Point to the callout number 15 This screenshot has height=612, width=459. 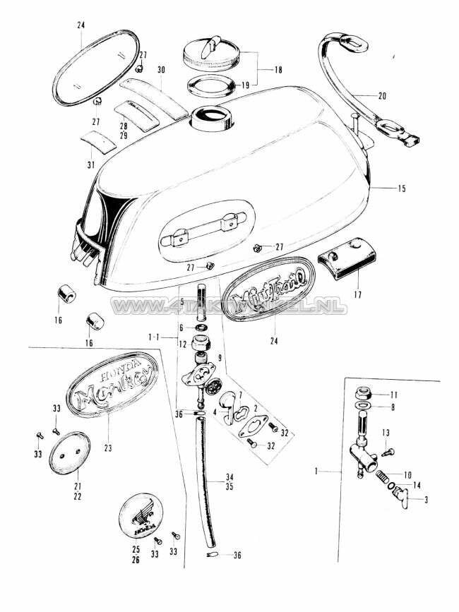click(x=402, y=188)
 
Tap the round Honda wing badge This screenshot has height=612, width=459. click(x=144, y=515)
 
